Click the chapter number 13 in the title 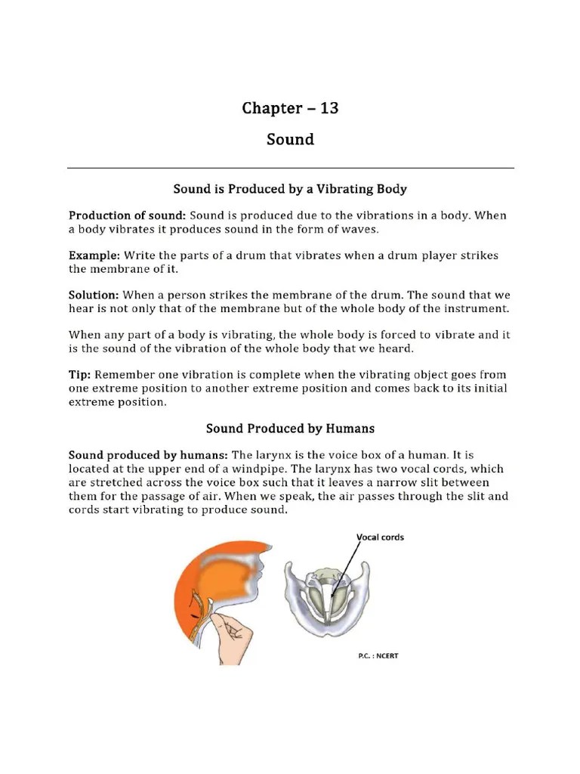point(329,108)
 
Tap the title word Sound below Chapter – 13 point(290,140)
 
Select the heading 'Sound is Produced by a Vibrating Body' point(291,187)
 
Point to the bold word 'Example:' point(94,255)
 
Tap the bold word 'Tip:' point(80,375)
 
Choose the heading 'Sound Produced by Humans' point(291,429)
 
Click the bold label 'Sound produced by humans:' point(148,456)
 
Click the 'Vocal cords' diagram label point(380,537)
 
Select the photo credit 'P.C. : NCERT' point(378,655)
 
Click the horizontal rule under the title point(291,167)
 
